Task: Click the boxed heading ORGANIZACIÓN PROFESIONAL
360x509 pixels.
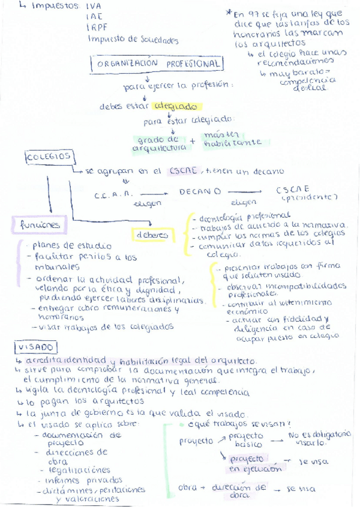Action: click(x=157, y=64)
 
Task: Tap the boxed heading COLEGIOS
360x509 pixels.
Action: click(x=49, y=157)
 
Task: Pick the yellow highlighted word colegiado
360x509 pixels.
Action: click(x=175, y=106)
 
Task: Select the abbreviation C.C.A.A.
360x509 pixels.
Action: click(x=113, y=195)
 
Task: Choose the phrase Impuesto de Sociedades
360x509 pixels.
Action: click(x=133, y=40)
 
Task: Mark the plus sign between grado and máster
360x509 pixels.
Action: click(x=193, y=142)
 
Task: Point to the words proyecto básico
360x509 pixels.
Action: click(x=246, y=440)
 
